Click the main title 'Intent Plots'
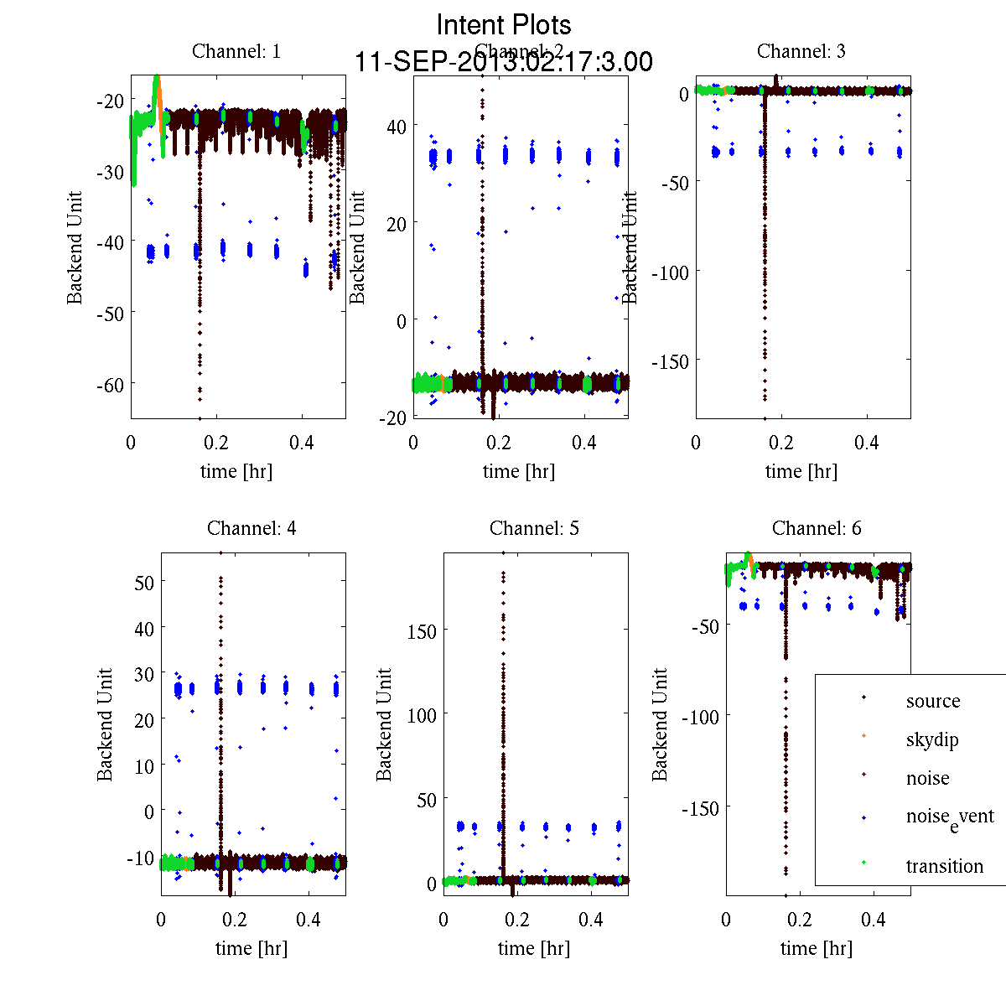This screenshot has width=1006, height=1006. point(504,25)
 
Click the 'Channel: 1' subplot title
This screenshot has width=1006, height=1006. point(236,51)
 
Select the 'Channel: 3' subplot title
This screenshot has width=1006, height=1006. point(801,51)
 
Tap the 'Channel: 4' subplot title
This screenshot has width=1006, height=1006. point(251,528)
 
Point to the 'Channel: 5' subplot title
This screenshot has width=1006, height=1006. point(534,528)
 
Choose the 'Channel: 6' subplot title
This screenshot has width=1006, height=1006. point(817,528)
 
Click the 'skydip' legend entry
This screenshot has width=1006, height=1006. point(931,739)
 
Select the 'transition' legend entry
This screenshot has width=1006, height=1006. point(944,866)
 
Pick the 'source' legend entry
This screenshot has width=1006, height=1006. point(932,701)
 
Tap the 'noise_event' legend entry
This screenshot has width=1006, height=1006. point(949,817)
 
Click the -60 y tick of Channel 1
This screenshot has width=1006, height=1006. point(110,386)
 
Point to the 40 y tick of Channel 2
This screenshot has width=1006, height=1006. point(396,127)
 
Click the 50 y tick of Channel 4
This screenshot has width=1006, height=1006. point(144,582)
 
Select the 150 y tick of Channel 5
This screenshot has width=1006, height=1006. point(422,631)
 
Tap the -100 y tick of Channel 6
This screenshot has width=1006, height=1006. point(700,717)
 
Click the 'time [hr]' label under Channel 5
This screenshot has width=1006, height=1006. point(534,948)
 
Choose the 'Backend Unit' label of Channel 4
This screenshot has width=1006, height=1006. point(105,724)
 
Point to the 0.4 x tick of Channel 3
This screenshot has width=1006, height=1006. point(867,443)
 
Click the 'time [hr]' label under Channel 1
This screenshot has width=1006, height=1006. point(236,471)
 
